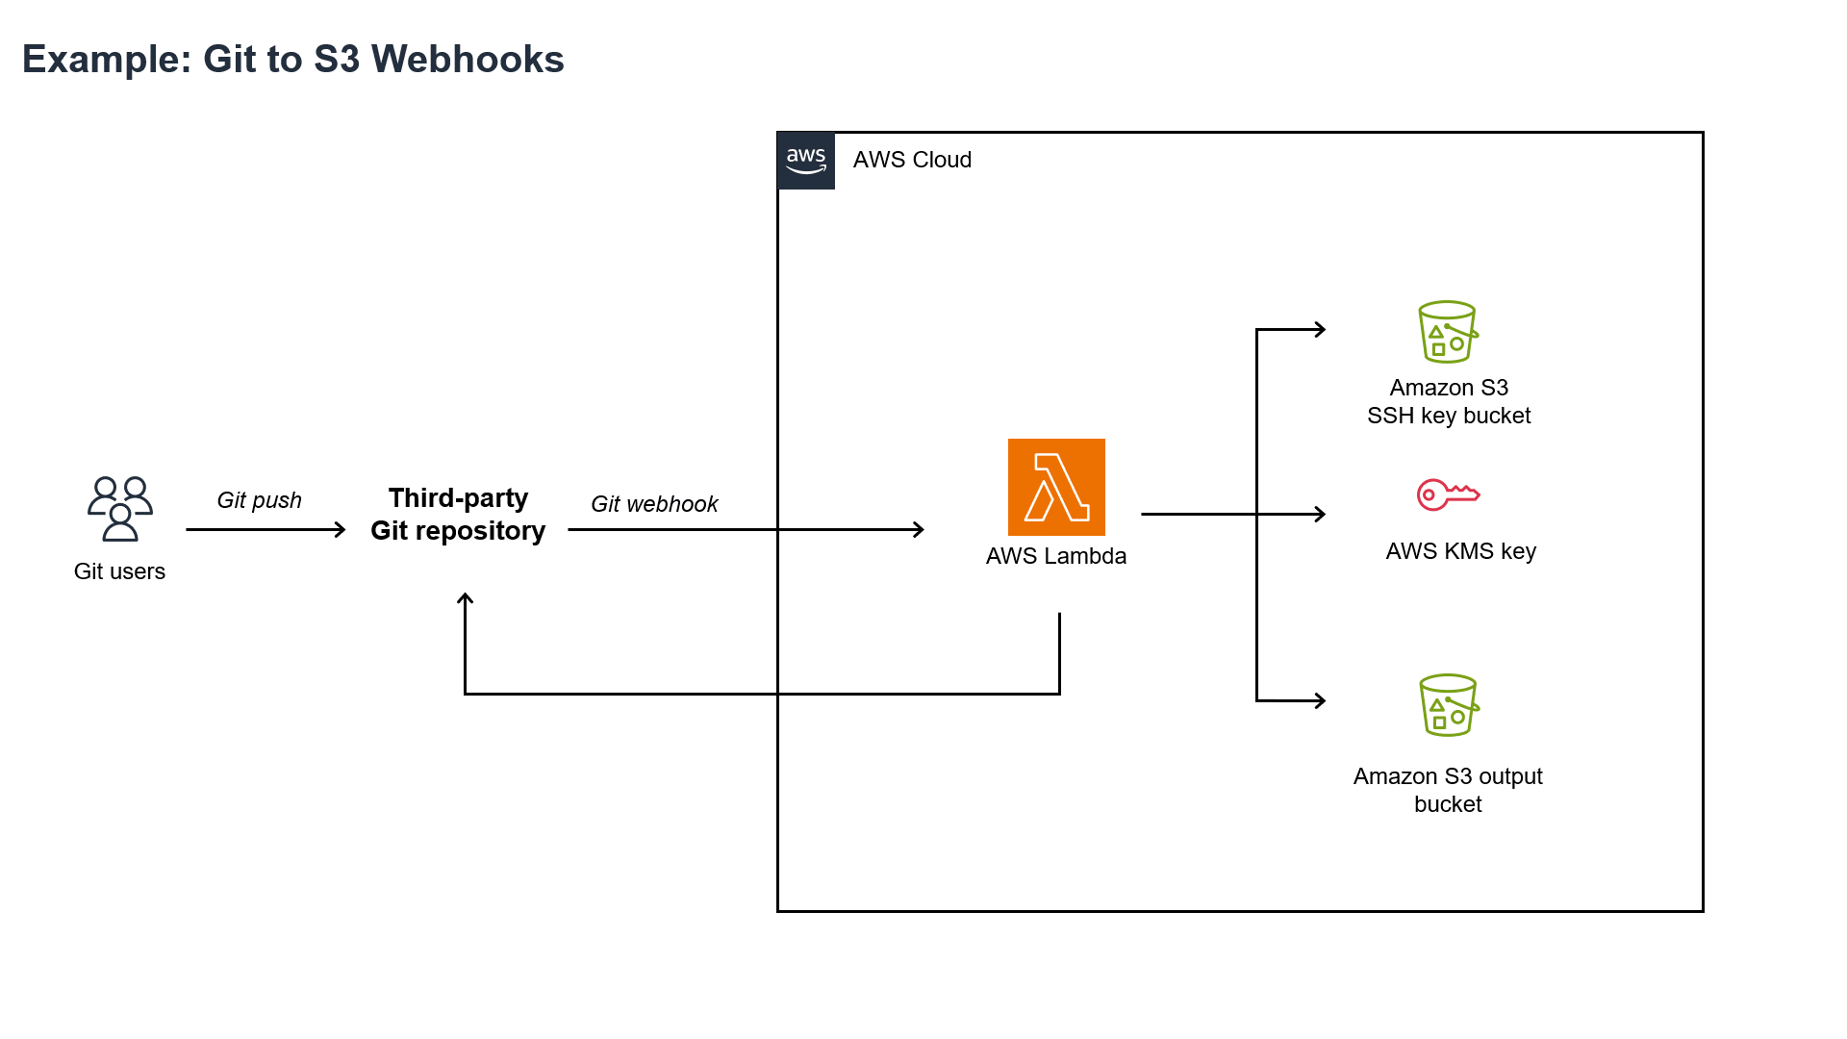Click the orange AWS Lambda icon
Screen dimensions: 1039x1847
(1056, 487)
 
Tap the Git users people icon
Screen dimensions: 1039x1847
(120, 509)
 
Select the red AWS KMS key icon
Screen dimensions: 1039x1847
(1448, 494)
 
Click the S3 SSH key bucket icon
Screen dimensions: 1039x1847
(1448, 332)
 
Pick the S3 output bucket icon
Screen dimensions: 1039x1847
(1449, 705)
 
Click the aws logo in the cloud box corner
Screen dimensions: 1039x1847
(806, 161)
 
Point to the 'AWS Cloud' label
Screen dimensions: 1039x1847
(912, 160)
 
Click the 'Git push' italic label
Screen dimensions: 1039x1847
(259, 500)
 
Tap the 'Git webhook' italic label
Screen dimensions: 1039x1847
(654, 504)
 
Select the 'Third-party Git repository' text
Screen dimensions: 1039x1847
(458, 515)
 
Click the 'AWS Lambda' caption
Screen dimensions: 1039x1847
(1056, 556)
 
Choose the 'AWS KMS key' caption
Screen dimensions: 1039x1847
(1460, 551)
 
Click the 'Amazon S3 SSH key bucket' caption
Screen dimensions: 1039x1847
(1449, 401)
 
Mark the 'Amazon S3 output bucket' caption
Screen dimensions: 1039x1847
(1448, 790)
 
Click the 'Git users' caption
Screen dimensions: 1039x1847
(119, 571)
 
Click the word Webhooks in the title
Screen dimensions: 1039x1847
(468, 60)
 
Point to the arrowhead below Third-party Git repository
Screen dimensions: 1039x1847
(465, 599)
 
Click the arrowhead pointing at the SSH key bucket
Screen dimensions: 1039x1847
(1321, 329)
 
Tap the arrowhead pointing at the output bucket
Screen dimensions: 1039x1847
(1321, 700)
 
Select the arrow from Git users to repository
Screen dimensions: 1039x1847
(265, 529)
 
